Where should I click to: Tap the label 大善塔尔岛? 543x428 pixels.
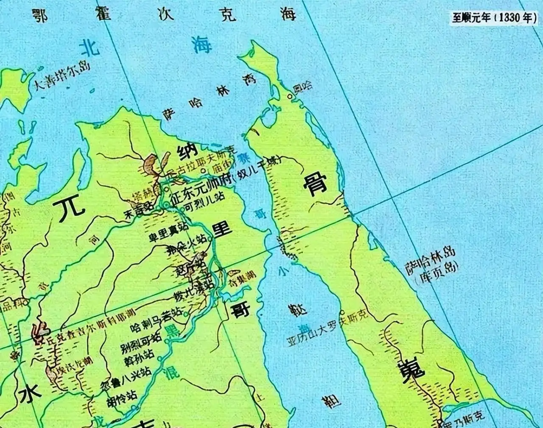(62, 77)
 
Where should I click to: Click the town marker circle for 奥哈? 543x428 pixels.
(290, 96)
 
